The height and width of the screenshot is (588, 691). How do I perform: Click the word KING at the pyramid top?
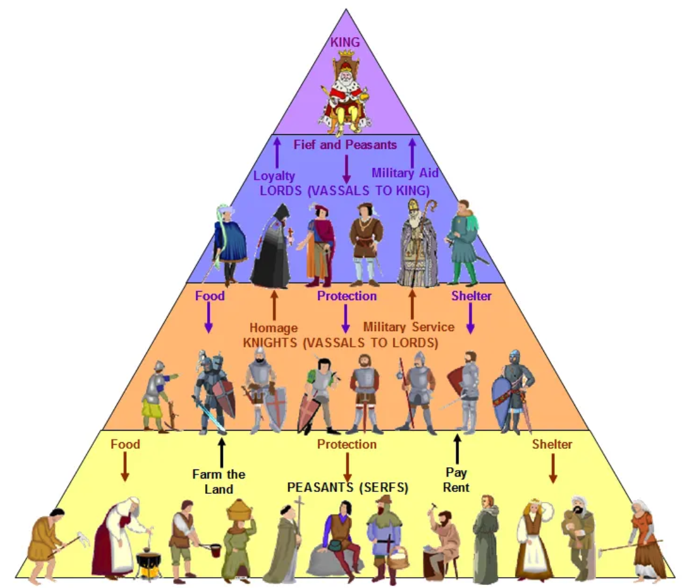[345, 42]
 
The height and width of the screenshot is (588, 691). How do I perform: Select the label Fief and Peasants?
[345, 145]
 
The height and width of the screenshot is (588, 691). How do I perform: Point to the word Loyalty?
[274, 176]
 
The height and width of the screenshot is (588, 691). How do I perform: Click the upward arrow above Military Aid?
[412, 152]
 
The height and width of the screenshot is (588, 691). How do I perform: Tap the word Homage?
[274, 328]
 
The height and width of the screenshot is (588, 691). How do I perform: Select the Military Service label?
[409, 327]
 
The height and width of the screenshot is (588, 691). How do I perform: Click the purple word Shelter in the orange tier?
[471, 296]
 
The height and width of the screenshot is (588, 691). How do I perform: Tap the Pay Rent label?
[456, 480]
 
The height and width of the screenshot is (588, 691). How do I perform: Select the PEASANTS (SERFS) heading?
[347, 487]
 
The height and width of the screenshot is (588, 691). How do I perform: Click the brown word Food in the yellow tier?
[125, 444]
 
